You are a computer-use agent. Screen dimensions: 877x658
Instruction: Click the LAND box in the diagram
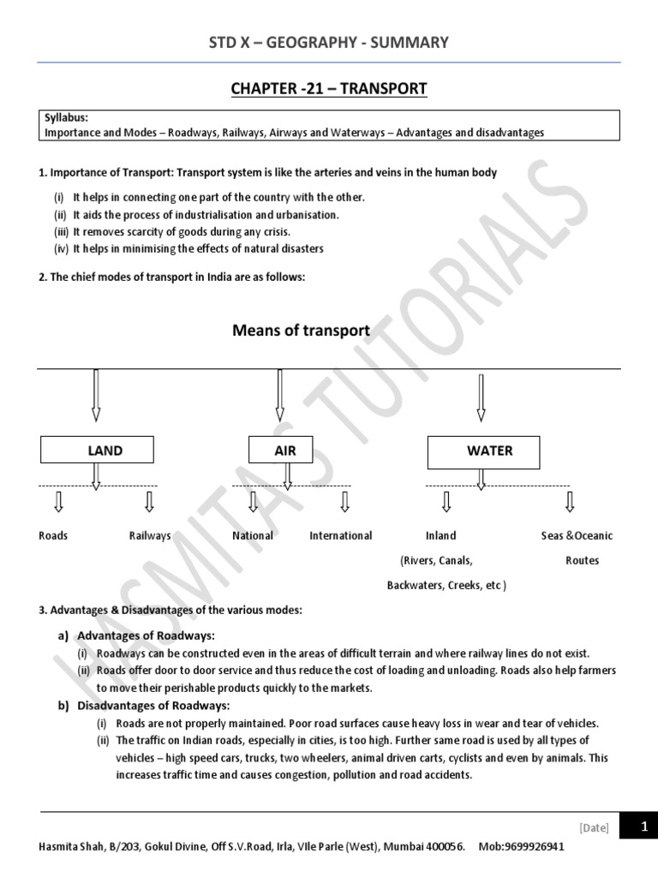click(97, 450)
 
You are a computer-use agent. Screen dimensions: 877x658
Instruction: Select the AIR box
click(280, 450)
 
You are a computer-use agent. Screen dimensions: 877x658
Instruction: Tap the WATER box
click(483, 450)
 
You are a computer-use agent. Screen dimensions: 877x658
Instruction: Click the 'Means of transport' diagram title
click(302, 331)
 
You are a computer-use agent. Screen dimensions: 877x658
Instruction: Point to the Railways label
click(150, 536)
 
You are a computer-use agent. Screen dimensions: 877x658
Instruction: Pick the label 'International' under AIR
click(341, 536)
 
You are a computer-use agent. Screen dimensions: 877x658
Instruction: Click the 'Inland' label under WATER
click(440, 536)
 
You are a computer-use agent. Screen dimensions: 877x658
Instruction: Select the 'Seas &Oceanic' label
click(577, 536)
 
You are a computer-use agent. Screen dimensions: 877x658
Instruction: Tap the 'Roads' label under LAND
click(53, 536)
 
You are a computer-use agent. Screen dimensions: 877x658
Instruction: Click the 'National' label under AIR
click(253, 536)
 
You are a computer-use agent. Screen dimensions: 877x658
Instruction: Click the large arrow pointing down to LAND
click(96, 395)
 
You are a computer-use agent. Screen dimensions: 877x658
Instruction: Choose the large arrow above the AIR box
click(279, 395)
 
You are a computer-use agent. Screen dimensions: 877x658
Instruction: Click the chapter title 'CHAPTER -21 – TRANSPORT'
click(329, 89)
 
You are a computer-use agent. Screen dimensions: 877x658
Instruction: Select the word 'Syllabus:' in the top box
click(65, 118)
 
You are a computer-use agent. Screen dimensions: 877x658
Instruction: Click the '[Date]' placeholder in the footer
click(594, 827)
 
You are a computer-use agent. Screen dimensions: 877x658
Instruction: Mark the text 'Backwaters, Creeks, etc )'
click(446, 586)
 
